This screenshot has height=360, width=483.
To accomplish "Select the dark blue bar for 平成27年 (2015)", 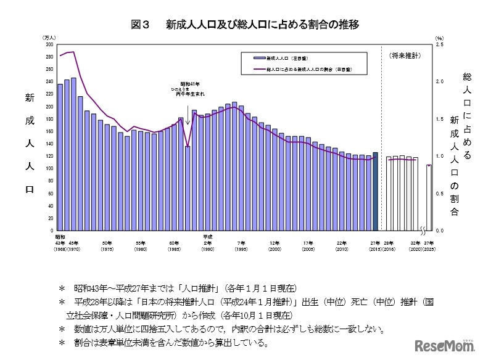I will pos(375,191).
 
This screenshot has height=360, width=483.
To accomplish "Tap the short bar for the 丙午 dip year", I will pos(188,188).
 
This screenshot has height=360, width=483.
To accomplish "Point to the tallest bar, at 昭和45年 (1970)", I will pos(73,154).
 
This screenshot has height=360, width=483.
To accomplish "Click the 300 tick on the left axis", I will pos(49,44).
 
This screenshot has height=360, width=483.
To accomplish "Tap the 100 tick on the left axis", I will pos(49,168).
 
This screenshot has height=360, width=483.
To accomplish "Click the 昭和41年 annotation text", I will pos(189,84).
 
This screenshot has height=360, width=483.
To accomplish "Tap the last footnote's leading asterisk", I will pos(60,342).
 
